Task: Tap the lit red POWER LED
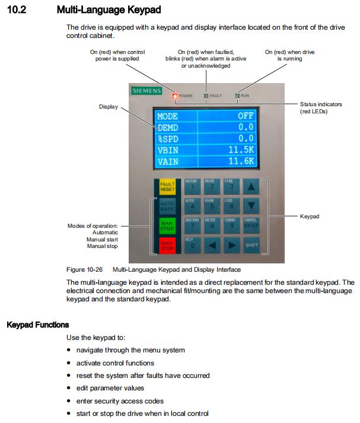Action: click(x=174, y=96)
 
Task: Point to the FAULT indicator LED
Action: click(x=206, y=96)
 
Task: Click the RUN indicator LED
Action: click(x=237, y=95)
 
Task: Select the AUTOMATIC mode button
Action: click(x=167, y=207)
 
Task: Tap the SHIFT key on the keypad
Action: click(x=252, y=244)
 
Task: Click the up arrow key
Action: click(x=252, y=186)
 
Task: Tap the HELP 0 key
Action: click(x=191, y=244)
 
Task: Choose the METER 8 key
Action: click(x=212, y=225)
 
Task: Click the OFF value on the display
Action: click(x=246, y=116)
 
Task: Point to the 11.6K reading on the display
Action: click(x=241, y=161)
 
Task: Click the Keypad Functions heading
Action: click(x=37, y=325)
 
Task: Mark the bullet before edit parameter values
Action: click(x=70, y=389)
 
